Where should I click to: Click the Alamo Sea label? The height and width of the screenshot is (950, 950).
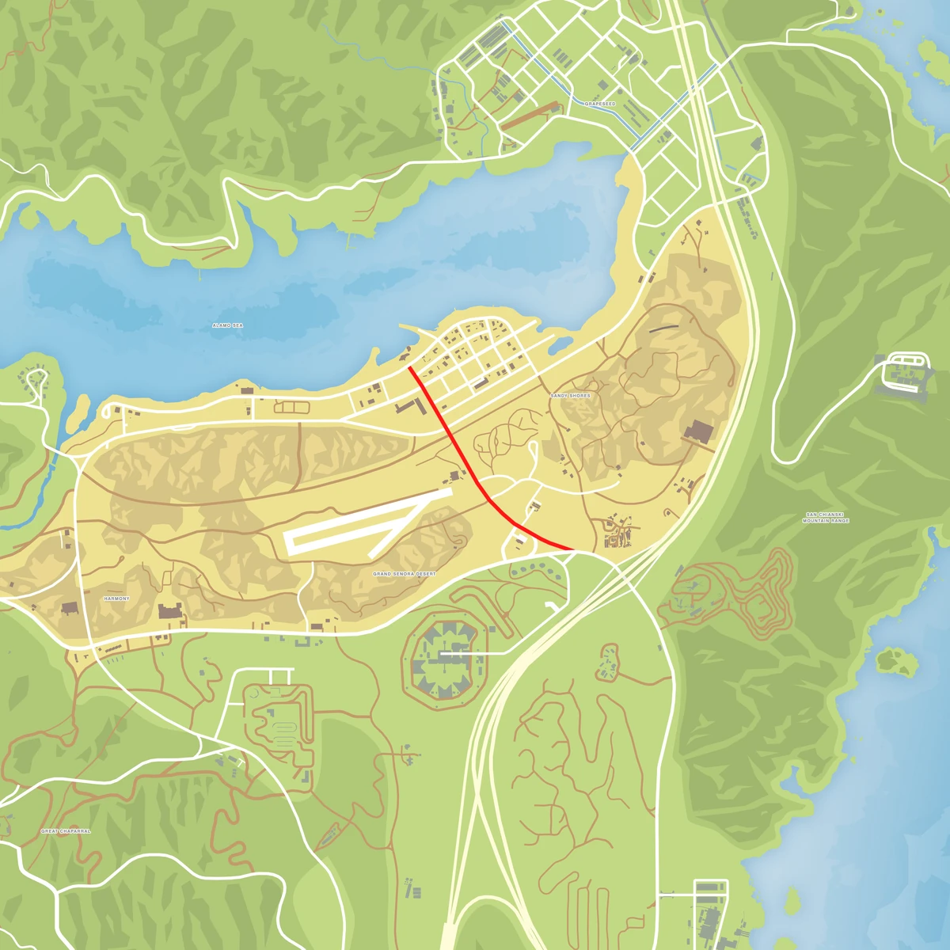point(227,325)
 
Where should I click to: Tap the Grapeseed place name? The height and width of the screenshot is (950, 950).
point(599,104)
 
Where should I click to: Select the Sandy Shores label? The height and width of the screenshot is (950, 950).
point(570,395)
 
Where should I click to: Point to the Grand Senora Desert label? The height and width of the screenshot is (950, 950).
point(404,573)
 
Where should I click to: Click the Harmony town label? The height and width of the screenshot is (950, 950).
point(116,598)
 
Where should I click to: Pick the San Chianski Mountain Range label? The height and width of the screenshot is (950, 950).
point(826,518)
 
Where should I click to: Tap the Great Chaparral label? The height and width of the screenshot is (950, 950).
point(66,831)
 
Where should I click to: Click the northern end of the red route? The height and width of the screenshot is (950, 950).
point(408,367)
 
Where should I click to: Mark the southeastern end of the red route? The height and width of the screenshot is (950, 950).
point(572,548)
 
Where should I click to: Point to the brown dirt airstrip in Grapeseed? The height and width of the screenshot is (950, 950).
point(530,115)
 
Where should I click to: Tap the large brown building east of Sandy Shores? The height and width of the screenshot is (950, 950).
point(699,432)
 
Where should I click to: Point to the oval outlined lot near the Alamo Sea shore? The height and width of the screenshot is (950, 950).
point(291,407)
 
